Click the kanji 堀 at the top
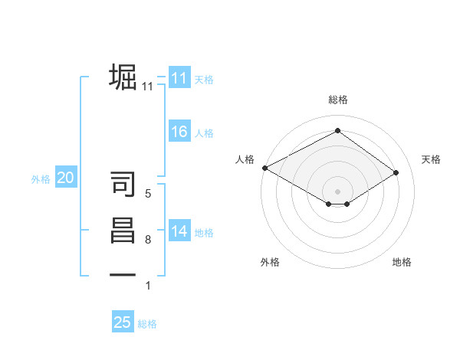coord(123,77)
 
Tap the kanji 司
coord(123,185)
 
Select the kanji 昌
coord(123,231)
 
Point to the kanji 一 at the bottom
coord(123,274)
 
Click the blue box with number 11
coord(179,77)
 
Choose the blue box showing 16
coord(179,132)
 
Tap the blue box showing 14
coord(179,231)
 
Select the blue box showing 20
coord(66,178)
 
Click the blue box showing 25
coord(123,322)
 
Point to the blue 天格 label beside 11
coord(203,79)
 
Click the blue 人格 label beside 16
coord(203,133)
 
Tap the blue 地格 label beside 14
coord(203,233)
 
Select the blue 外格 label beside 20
coord(41,179)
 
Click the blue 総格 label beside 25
coord(147,324)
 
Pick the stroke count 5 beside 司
coord(147,194)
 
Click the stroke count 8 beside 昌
coord(147,240)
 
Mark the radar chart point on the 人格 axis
coord(264,167)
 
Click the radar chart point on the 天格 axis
coord(396,172)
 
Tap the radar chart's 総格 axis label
coord(337,100)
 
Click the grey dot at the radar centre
coord(337,191)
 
